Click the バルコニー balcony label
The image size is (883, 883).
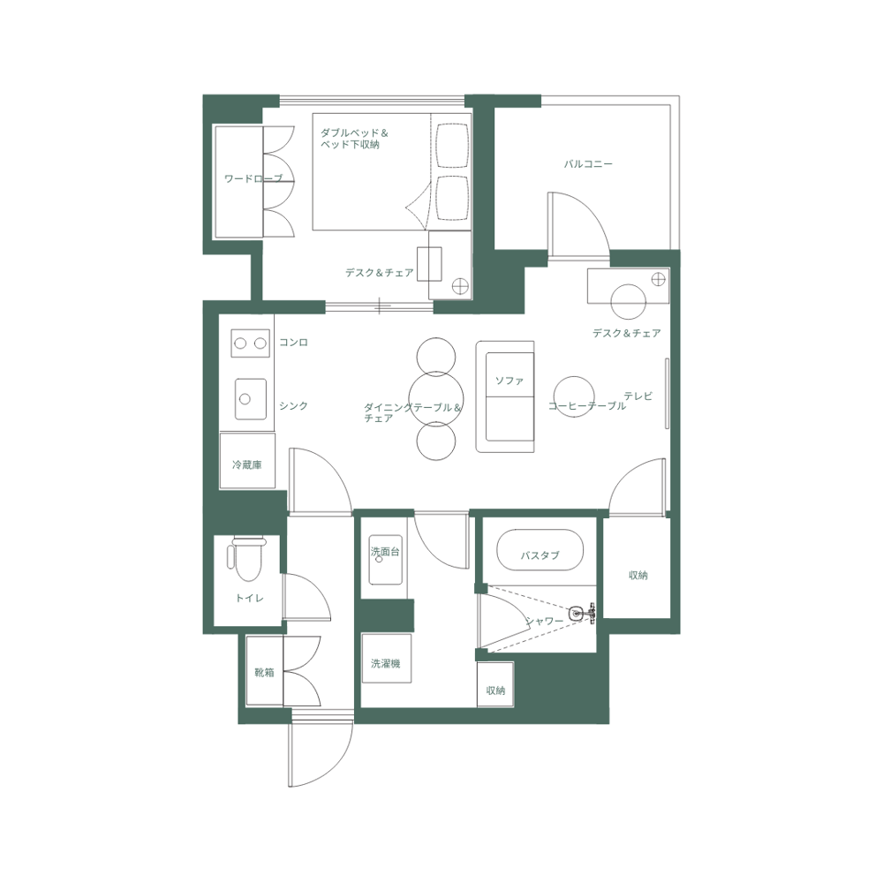click(588, 164)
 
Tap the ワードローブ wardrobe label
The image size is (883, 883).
click(253, 179)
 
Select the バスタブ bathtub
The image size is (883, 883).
click(540, 555)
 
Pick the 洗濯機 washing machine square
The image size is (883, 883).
click(386, 663)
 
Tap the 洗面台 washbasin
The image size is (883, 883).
click(386, 560)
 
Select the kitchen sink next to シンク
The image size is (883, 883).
click(251, 399)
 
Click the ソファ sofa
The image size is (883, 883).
click(505, 396)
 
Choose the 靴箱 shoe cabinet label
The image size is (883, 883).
click(264, 672)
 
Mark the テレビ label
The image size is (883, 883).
click(638, 396)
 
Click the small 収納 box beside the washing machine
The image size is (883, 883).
click(495, 690)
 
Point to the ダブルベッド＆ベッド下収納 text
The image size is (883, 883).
click(354, 139)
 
